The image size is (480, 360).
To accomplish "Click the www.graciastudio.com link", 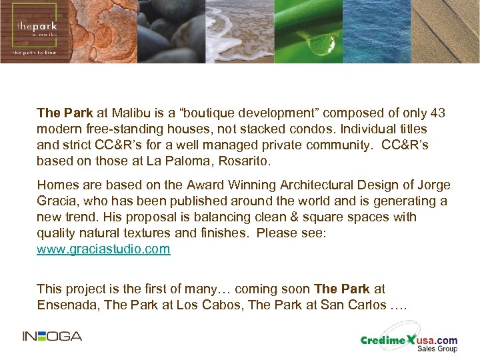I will tap(103, 249).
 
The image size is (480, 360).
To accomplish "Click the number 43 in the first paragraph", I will tap(438, 113).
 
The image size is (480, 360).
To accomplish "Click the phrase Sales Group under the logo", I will tap(437, 349).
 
